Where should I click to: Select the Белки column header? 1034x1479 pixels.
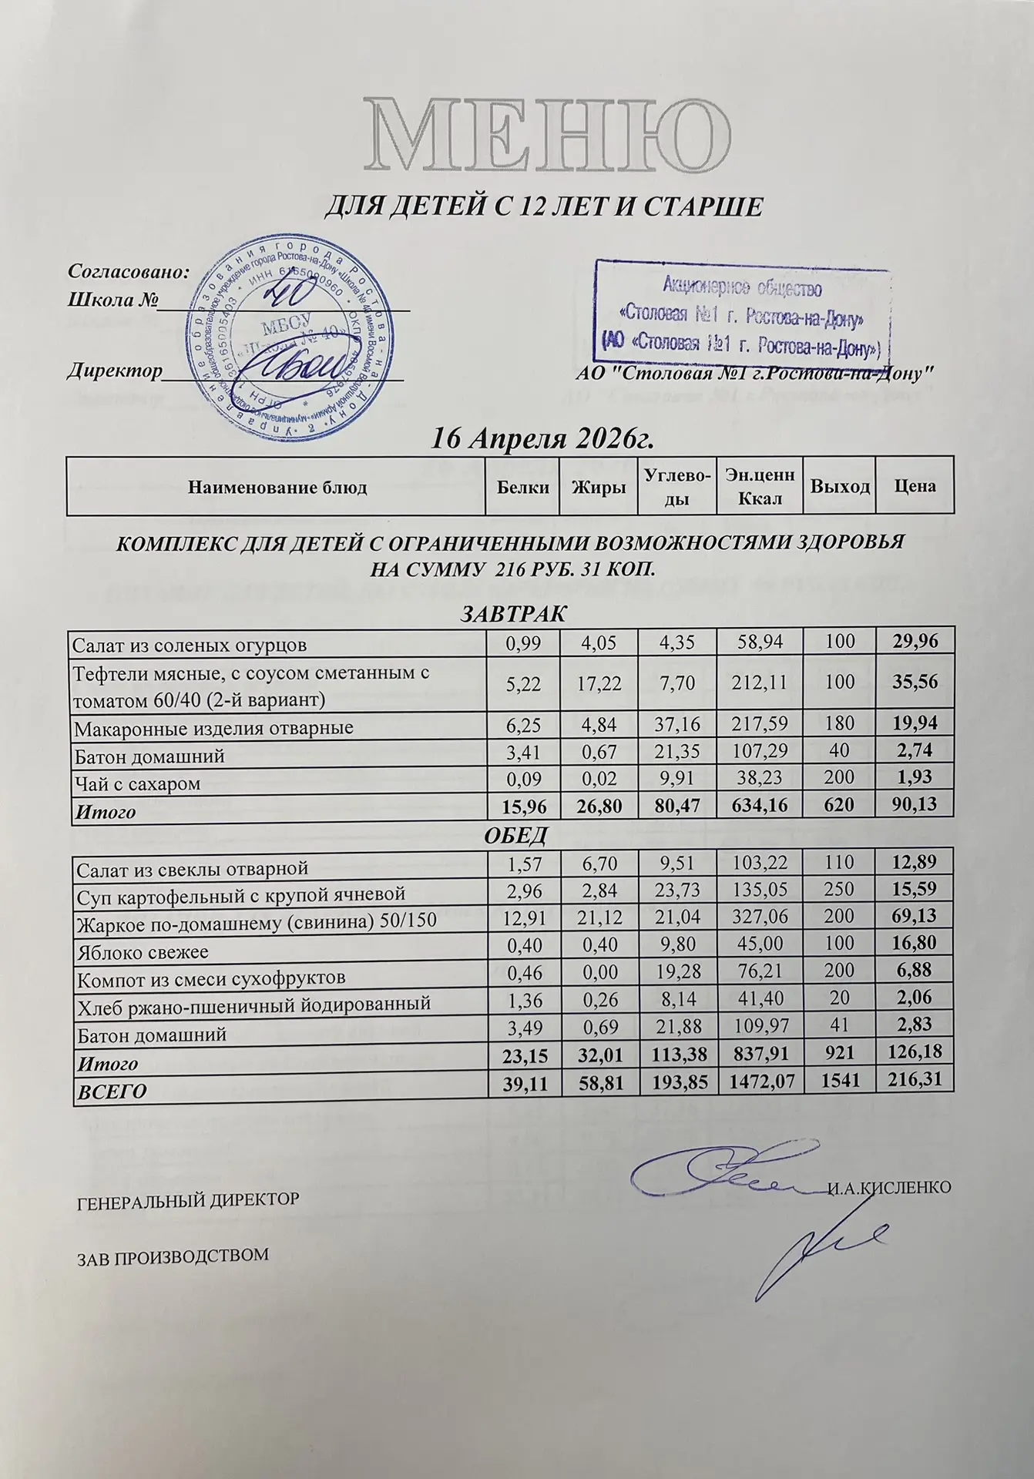coord(522,487)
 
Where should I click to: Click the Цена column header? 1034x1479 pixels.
coord(915,487)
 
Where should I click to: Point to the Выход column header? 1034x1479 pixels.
coord(839,487)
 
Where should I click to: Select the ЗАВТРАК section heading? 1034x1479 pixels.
coord(513,615)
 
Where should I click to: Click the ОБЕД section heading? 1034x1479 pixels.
coord(514,835)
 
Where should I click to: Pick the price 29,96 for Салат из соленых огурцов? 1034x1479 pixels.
coord(915,641)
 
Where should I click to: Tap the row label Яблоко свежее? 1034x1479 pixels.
coord(140,952)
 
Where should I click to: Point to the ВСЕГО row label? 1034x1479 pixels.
coord(109,1091)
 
